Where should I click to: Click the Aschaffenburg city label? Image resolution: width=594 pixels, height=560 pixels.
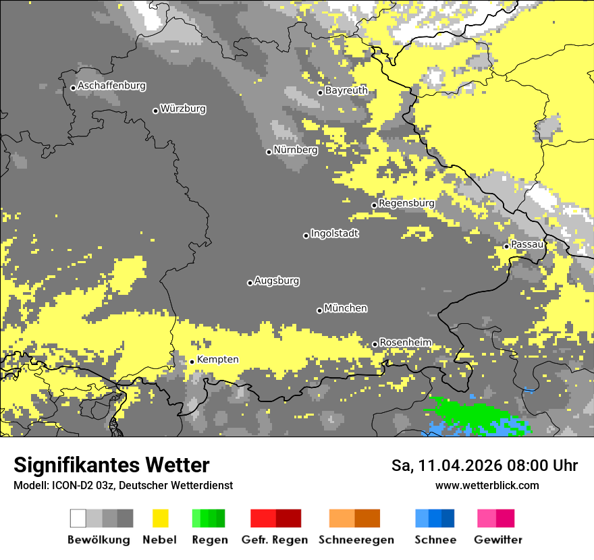coord(111,86)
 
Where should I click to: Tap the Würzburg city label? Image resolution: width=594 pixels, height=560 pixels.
coord(183,109)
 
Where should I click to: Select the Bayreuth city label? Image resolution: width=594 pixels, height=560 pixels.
coord(346,90)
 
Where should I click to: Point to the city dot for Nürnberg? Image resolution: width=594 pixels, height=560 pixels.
coord(269,152)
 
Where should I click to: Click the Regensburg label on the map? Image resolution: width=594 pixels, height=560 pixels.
coord(406,203)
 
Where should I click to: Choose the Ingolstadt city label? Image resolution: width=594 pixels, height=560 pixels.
coord(335,233)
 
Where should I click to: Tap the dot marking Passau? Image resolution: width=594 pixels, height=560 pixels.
coord(506,246)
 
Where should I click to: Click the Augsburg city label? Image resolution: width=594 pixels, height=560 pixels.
coord(277,281)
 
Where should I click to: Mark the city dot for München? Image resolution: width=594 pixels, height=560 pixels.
coord(319,310)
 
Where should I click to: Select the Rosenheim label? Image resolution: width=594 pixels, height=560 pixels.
coord(405,343)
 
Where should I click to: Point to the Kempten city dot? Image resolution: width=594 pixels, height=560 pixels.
coord(192,362)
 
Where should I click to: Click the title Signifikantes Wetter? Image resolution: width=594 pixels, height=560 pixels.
coord(111,465)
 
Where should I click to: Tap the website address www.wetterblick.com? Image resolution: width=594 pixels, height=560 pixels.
coord(487,485)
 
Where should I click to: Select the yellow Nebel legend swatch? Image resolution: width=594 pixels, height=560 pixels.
coord(160,518)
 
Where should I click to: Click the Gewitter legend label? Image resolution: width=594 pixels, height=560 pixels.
coord(498,540)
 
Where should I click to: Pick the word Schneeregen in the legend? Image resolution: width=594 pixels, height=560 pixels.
coord(356,540)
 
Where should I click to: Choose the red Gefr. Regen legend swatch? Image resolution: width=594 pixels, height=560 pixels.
coord(263,518)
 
